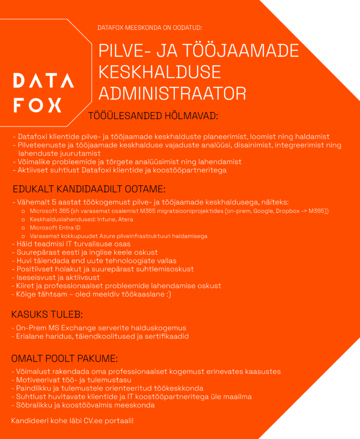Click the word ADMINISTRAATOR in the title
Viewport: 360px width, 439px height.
172,93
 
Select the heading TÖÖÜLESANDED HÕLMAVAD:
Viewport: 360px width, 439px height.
153,116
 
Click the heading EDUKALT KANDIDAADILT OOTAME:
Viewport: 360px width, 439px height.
89,189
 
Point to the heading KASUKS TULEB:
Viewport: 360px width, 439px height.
47,316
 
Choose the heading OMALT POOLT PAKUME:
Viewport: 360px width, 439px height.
65,358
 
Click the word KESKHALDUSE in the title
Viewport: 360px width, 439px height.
159,72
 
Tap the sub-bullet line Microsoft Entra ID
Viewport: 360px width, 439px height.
55,228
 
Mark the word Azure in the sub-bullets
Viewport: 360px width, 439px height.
105,236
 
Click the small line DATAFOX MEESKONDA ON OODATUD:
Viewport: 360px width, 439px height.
150,28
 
